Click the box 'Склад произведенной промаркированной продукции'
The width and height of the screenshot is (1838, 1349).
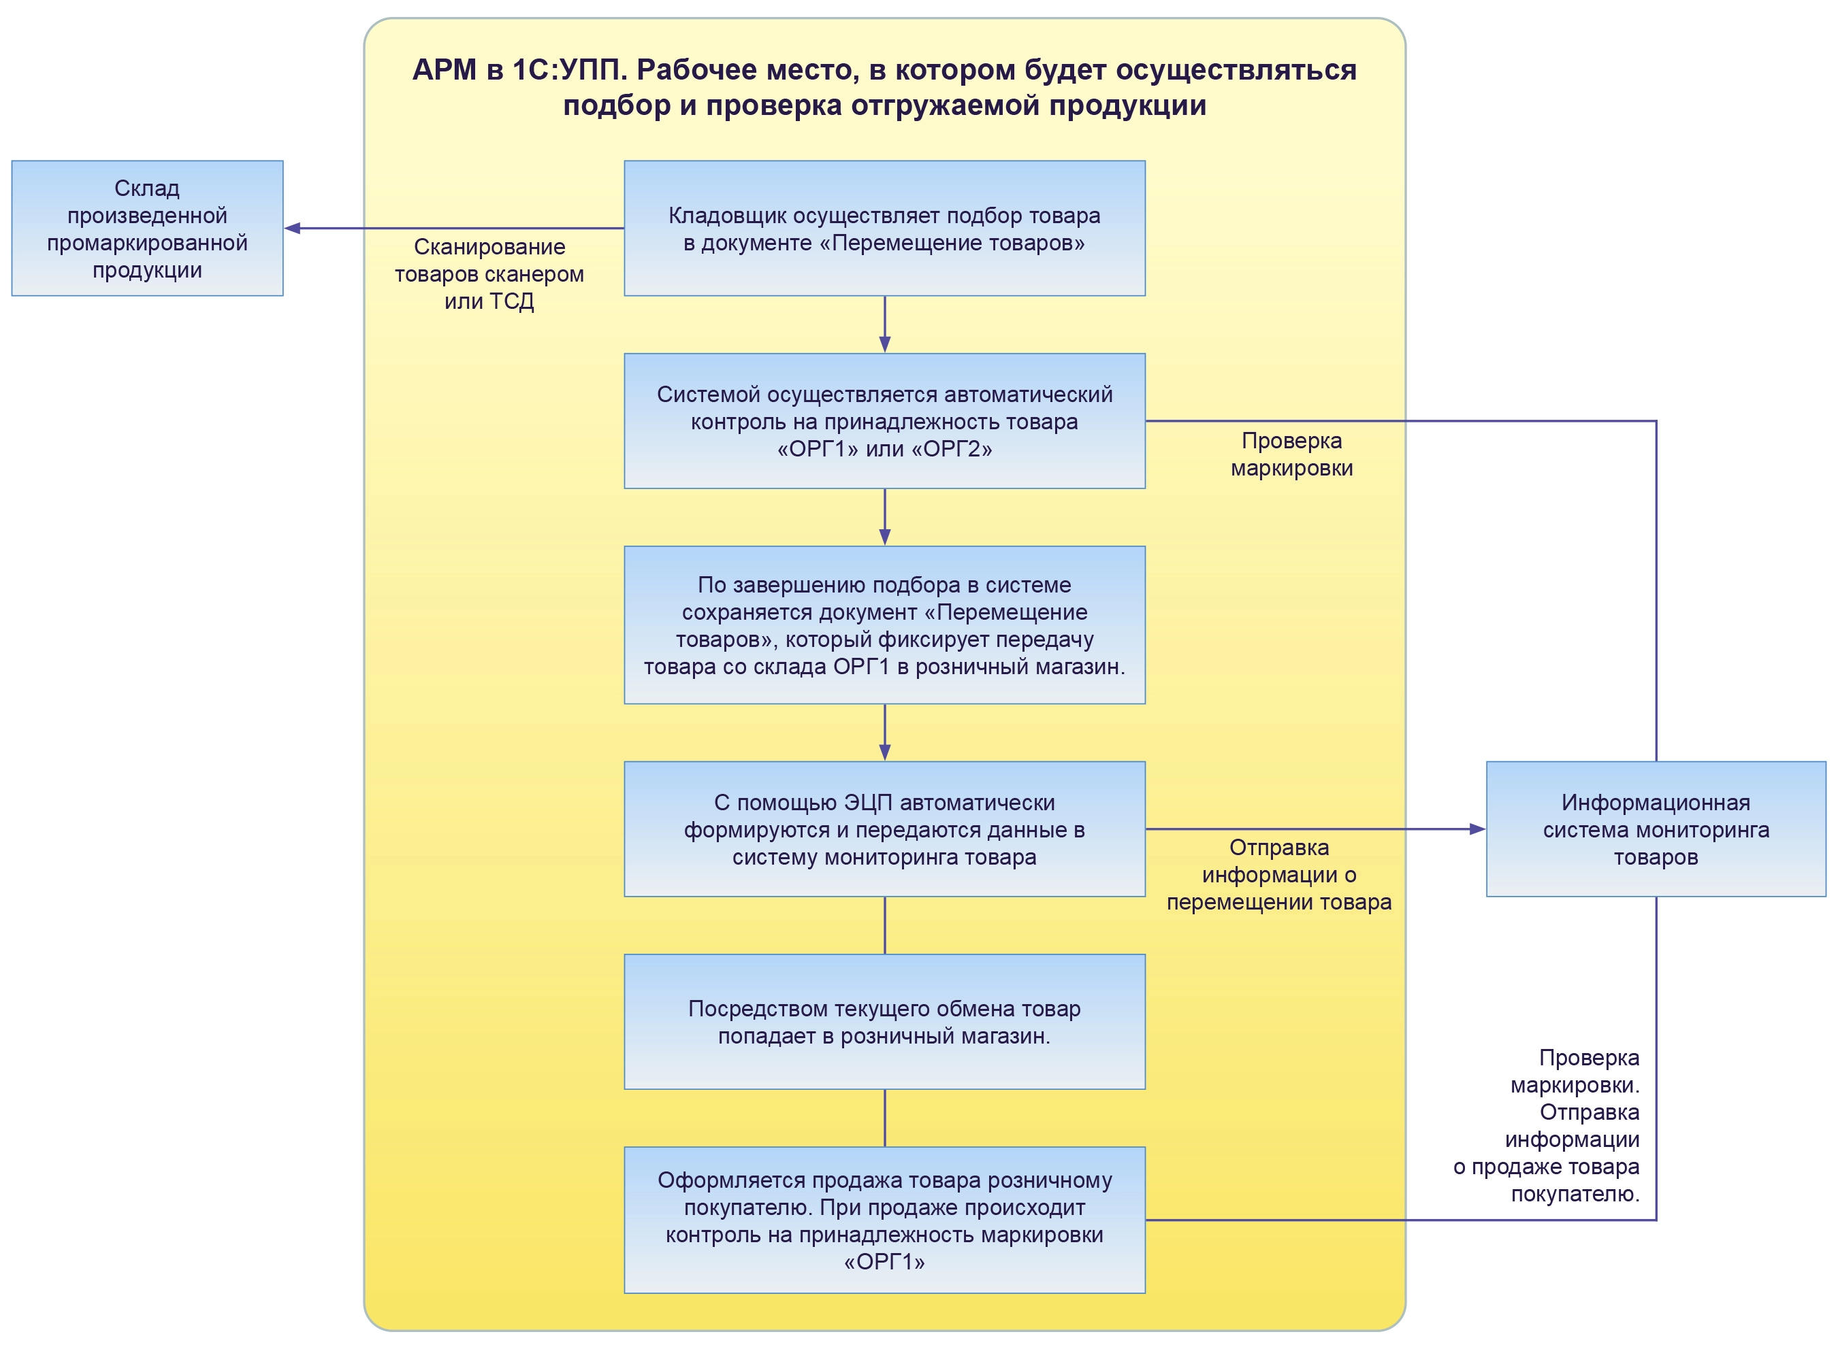tap(147, 228)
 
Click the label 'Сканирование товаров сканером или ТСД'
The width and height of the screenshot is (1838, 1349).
tap(489, 273)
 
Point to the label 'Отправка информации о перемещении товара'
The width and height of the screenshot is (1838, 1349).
tap(1278, 875)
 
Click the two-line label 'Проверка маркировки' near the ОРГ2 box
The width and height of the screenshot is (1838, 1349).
tap(1291, 454)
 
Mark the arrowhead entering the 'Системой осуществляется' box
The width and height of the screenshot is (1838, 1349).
tap(885, 345)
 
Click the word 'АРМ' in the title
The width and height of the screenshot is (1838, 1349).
tap(445, 70)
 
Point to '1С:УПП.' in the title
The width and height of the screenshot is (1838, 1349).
tap(568, 70)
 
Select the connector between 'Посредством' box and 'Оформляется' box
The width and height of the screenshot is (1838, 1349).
tap(885, 1118)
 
